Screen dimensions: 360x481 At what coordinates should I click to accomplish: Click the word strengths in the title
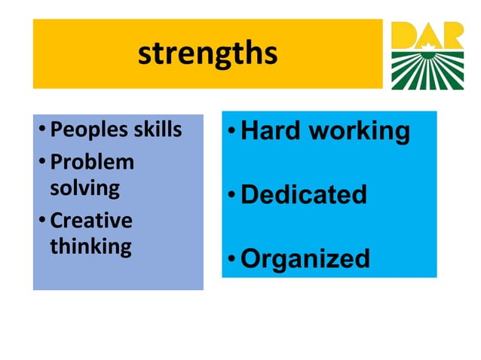[x=207, y=53]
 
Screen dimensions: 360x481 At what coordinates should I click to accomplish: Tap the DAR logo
[x=427, y=55]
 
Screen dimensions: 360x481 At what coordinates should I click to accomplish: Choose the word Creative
[x=90, y=221]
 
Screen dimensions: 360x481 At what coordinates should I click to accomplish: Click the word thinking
[x=90, y=247]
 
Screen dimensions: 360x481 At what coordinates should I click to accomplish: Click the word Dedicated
[x=304, y=195]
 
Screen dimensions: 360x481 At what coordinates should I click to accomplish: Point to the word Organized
[x=305, y=259]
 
